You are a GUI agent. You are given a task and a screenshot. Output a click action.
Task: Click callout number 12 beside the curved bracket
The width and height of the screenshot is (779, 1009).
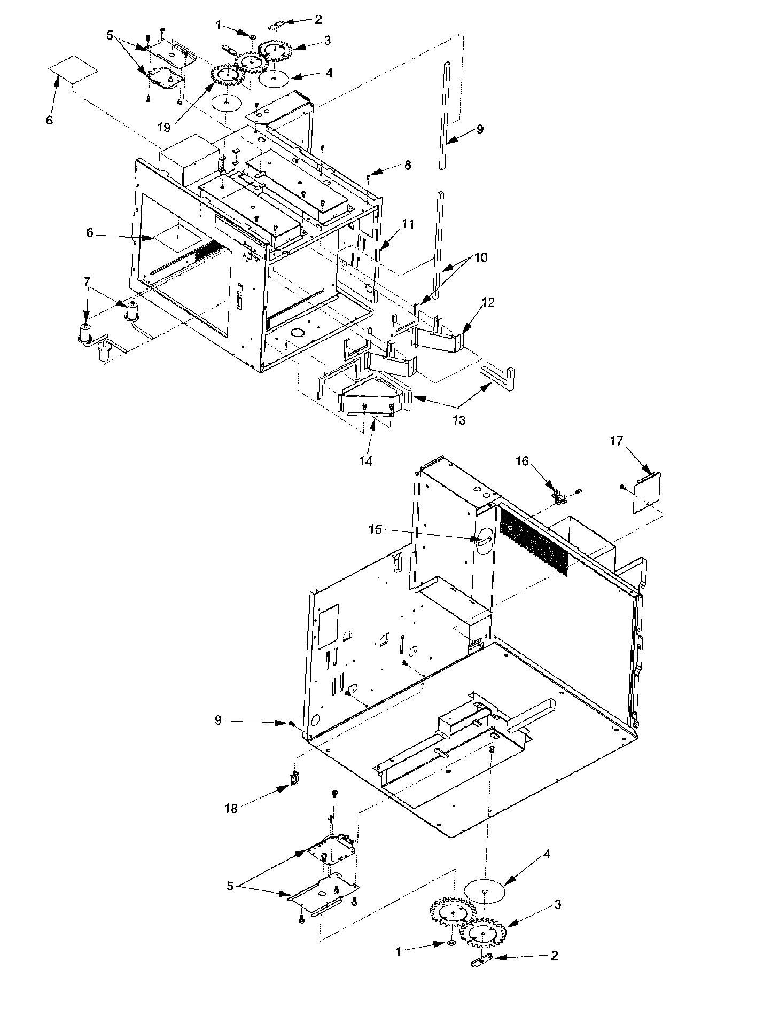pos(488,302)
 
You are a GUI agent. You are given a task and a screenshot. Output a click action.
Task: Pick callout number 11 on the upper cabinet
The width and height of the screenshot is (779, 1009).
pos(408,224)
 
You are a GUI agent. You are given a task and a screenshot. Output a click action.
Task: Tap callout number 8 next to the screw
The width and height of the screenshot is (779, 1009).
pos(408,165)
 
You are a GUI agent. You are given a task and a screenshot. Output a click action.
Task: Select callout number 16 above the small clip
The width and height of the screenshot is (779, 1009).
pos(521,460)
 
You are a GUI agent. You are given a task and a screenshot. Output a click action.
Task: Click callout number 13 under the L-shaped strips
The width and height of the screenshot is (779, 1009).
pos(458,420)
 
